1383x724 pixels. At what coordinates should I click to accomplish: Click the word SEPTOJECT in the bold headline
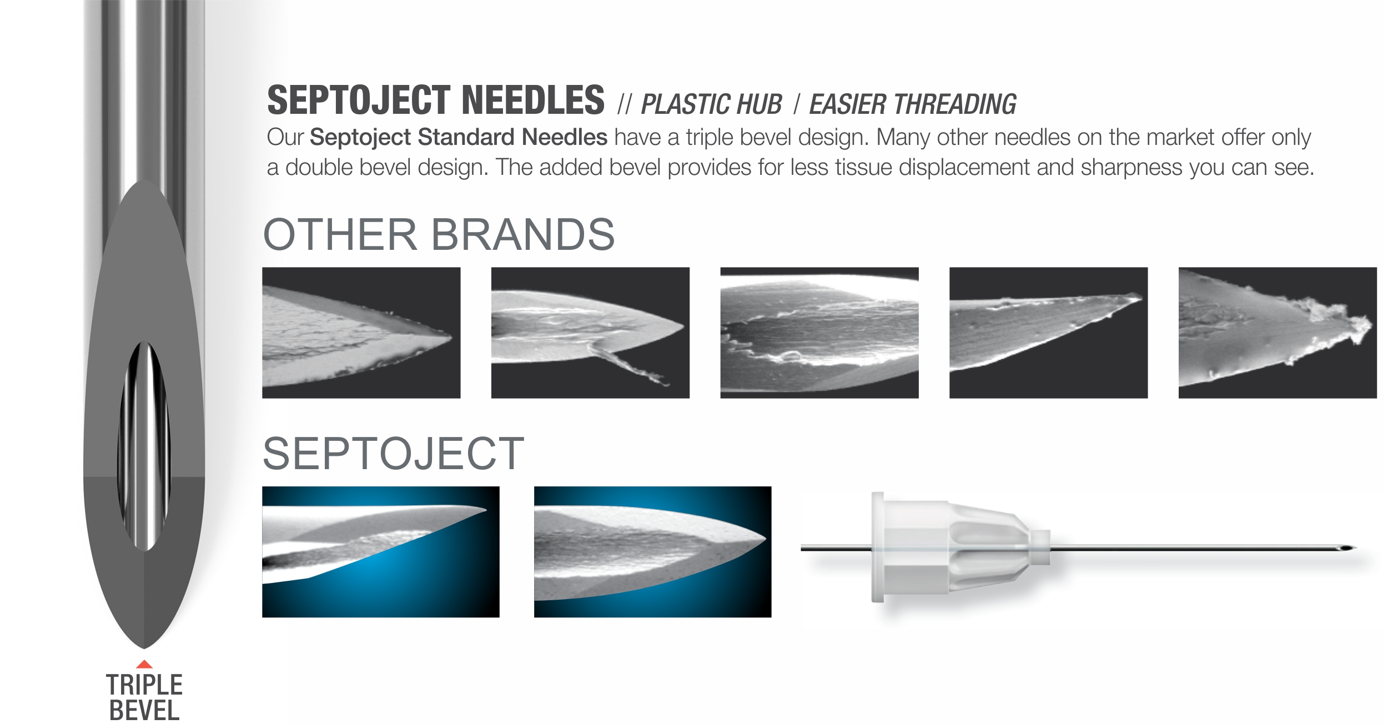(x=358, y=100)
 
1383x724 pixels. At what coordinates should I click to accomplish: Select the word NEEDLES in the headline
(x=533, y=100)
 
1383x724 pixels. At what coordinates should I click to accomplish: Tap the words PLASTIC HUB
(x=711, y=104)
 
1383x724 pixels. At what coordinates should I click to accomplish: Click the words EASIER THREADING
(x=913, y=104)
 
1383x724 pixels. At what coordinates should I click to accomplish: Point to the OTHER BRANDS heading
(x=439, y=234)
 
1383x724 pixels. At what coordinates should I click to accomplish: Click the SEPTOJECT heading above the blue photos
(x=393, y=454)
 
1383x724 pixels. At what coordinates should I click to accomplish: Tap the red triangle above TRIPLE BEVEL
(x=144, y=663)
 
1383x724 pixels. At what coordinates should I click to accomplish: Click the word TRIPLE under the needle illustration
(x=144, y=685)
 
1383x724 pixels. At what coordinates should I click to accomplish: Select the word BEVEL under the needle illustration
(x=144, y=711)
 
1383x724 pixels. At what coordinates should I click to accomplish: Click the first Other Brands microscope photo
(x=361, y=333)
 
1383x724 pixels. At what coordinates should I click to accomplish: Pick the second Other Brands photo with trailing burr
(x=590, y=333)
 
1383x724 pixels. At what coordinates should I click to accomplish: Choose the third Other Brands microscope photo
(x=819, y=333)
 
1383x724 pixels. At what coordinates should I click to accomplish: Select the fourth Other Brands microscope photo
(x=1048, y=333)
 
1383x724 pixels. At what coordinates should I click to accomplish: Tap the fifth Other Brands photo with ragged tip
(x=1278, y=333)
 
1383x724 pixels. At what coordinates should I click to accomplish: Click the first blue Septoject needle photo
(x=381, y=552)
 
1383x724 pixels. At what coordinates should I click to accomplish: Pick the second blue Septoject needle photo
(x=652, y=552)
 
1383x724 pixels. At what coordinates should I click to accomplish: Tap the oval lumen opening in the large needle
(x=144, y=446)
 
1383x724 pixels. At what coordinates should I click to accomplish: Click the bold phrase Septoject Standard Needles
(x=459, y=137)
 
